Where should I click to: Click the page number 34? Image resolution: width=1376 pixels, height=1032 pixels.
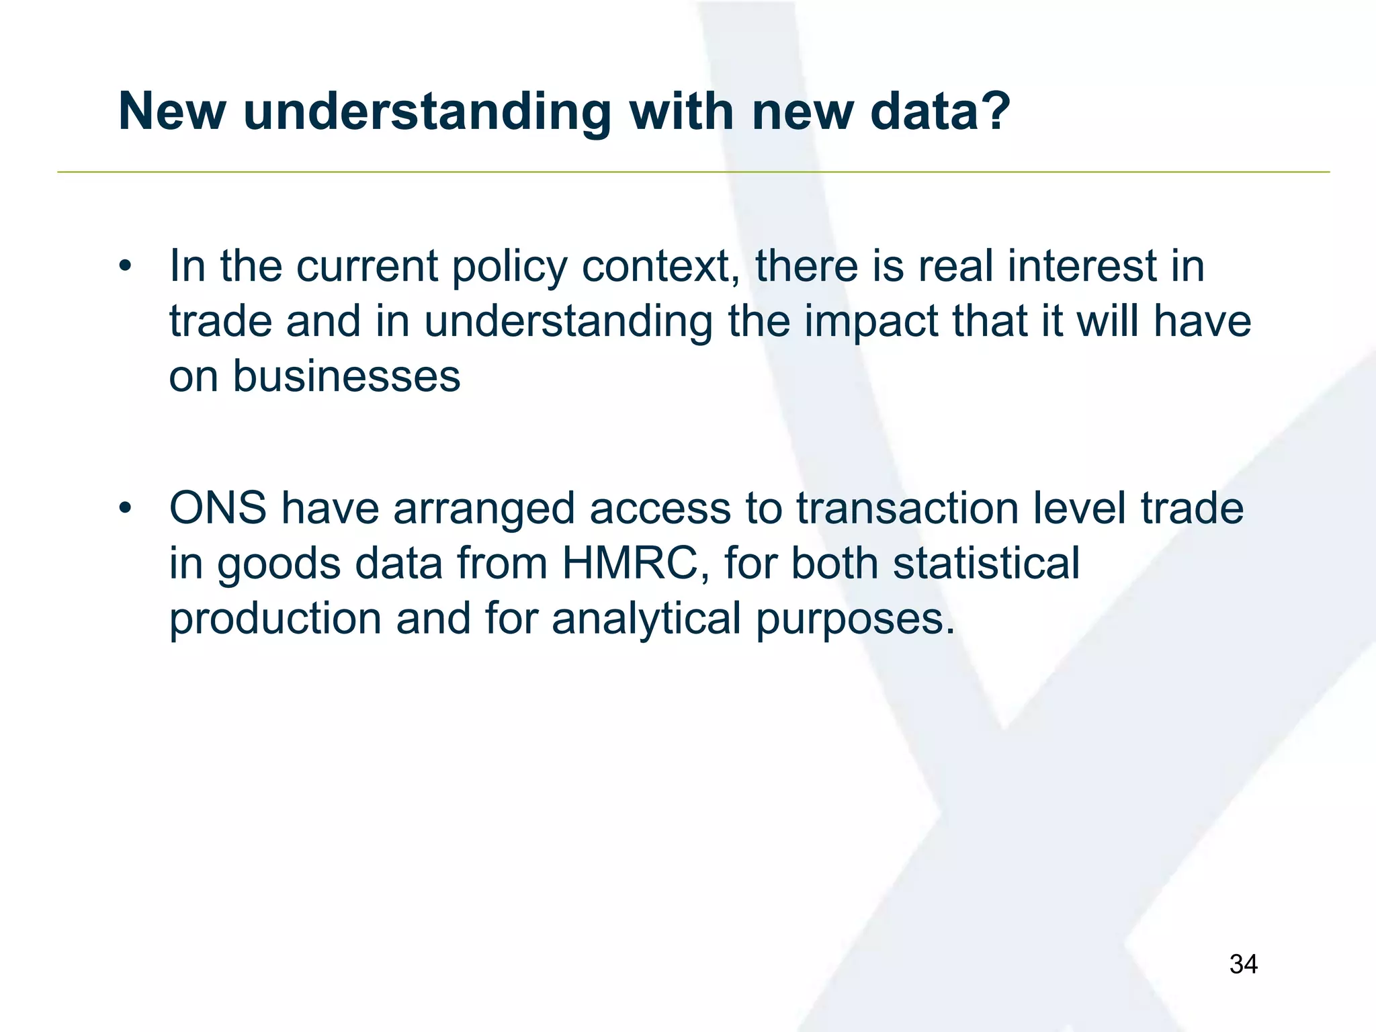click(x=1243, y=964)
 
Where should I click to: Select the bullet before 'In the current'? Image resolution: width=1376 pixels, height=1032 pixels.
click(x=124, y=267)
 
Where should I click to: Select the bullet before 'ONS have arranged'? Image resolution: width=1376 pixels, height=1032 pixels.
click(x=124, y=509)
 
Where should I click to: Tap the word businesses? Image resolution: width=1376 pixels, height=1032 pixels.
click(x=346, y=376)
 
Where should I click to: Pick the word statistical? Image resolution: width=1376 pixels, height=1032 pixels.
click(x=986, y=563)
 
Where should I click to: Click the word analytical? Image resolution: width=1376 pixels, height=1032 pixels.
click(x=646, y=618)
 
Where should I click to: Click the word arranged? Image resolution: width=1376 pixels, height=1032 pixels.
click(x=484, y=509)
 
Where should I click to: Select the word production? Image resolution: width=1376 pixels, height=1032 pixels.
click(x=275, y=618)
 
